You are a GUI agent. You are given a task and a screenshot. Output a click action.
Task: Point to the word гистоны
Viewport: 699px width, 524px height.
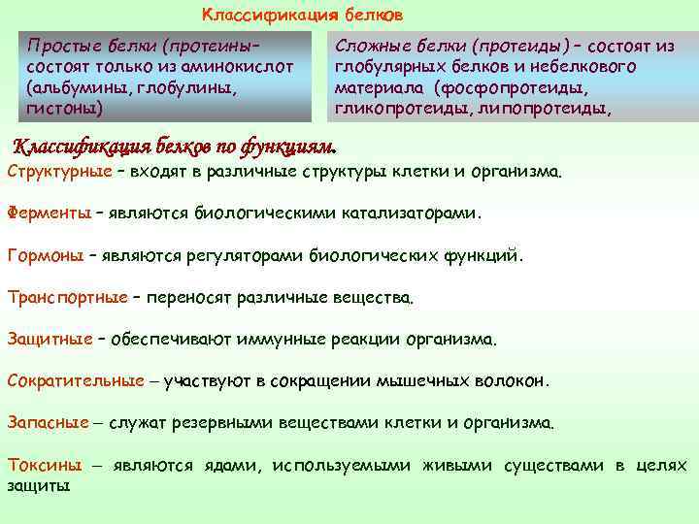(x=59, y=108)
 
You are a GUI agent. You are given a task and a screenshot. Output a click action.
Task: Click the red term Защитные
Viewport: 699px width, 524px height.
(x=50, y=340)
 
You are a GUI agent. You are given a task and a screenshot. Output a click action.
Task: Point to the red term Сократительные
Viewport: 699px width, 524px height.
(x=76, y=381)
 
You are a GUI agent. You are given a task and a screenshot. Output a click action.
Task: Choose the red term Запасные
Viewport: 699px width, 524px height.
(x=49, y=423)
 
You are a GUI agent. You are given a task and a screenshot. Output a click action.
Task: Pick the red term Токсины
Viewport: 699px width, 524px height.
(x=45, y=466)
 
